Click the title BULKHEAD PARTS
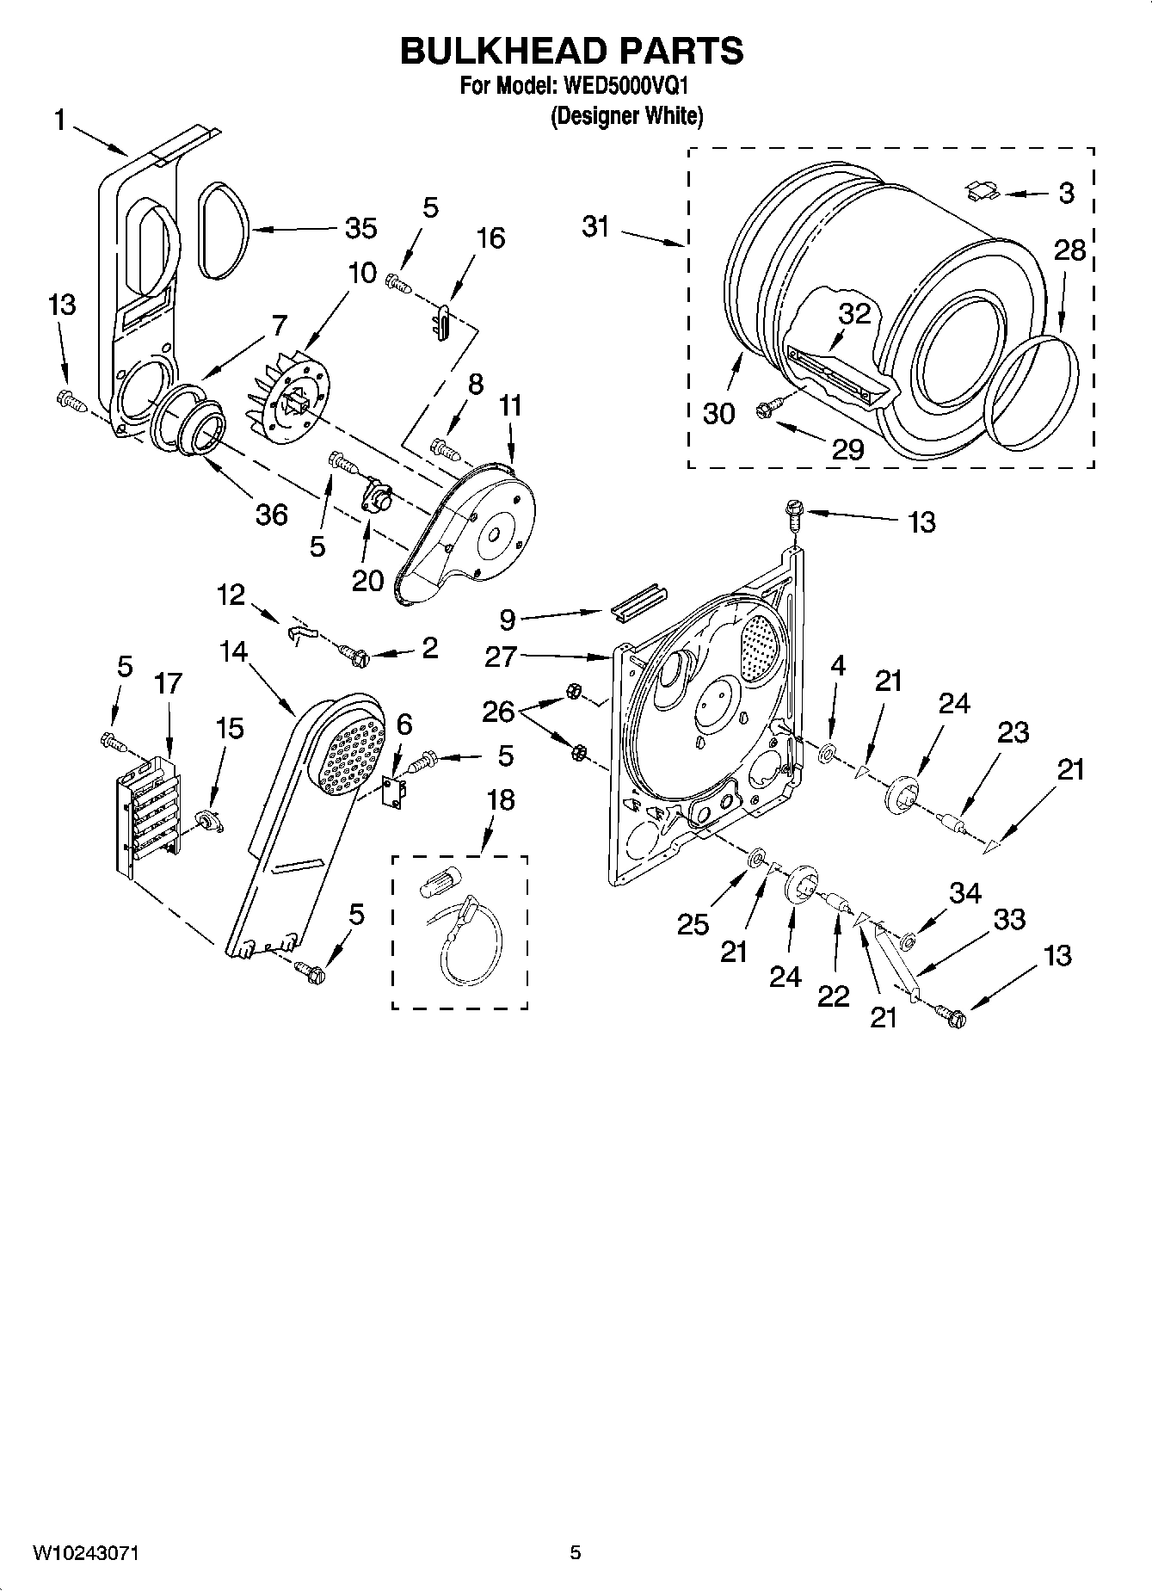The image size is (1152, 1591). click(571, 52)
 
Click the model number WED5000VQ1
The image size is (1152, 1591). click(625, 86)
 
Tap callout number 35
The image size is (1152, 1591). click(360, 228)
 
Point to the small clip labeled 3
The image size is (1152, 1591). click(984, 190)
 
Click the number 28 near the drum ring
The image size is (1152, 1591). click(1069, 250)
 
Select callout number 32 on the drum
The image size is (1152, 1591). click(854, 314)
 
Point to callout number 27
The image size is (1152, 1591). click(501, 657)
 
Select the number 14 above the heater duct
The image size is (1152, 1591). click(232, 651)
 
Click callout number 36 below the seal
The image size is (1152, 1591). click(271, 514)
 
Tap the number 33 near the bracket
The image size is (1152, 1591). click(1008, 919)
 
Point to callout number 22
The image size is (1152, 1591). click(833, 996)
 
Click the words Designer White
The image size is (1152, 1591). click(626, 115)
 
